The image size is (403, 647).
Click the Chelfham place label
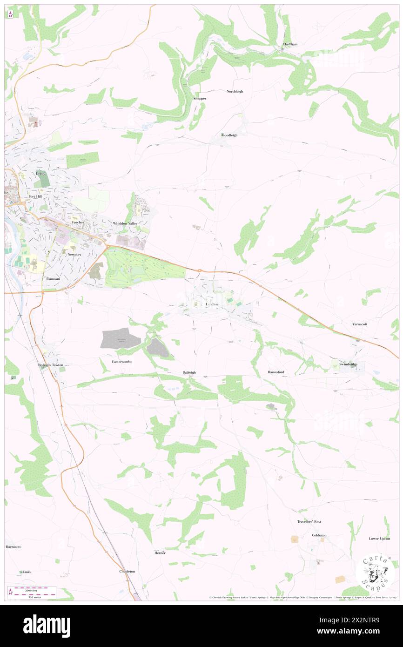290,44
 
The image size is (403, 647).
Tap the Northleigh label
235,92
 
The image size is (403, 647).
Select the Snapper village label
200,99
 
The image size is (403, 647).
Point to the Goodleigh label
229,135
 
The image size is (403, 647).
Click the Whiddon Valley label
126,224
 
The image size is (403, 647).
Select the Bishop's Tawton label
50,365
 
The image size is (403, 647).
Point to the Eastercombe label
122,362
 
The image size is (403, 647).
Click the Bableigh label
189,372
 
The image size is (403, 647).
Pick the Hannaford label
275,372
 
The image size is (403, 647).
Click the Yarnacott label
360,324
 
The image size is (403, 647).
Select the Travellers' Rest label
309,522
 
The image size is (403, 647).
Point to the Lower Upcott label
379,539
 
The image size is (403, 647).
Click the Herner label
160,553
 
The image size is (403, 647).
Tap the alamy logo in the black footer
47,626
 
